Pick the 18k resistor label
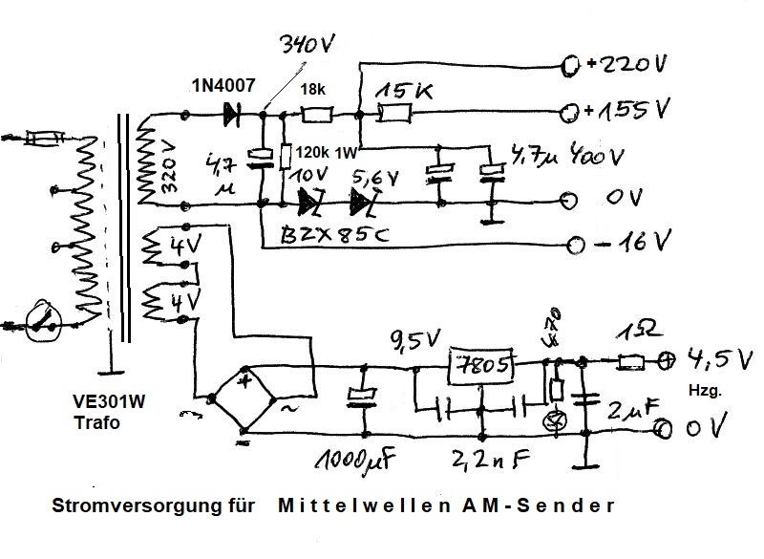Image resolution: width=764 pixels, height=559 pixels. (x=313, y=91)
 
